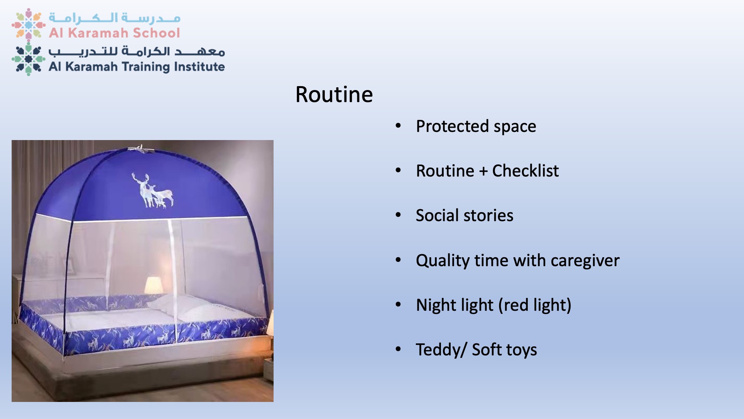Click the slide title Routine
pyautogui.click(x=334, y=94)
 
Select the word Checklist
pyautogui.click(x=525, y=171)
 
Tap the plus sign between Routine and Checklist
pyautogui.click(x=483, y=171)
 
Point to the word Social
pyautogui.click(x=437, y=215)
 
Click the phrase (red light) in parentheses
pyautogui.click(x=535, y=305)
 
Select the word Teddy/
pyautogui.click(x=441, y=350)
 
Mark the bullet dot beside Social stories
pyautogui.click(x=398, y=215)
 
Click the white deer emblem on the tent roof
pyautogui.click(x=152, y=190)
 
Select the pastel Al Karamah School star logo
pyautogui.click(x=28, y=24)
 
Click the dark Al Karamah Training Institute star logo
pyautogui.click(x=28, y=59)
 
